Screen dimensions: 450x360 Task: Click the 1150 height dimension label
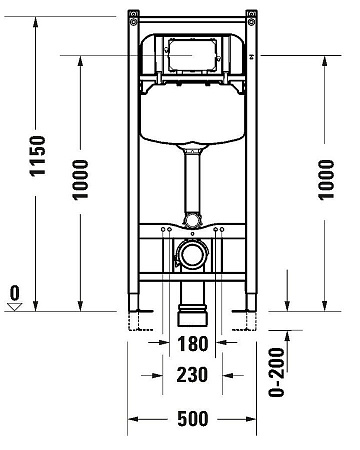38,157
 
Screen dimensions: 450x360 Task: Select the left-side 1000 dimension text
81,180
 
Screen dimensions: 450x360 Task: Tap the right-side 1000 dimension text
327,180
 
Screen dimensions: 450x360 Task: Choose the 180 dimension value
195,344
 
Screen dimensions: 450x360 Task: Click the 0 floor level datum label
14,294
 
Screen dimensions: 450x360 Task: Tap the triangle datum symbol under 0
14,308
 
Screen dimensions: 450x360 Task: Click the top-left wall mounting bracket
133,15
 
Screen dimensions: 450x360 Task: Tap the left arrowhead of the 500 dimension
133,420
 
